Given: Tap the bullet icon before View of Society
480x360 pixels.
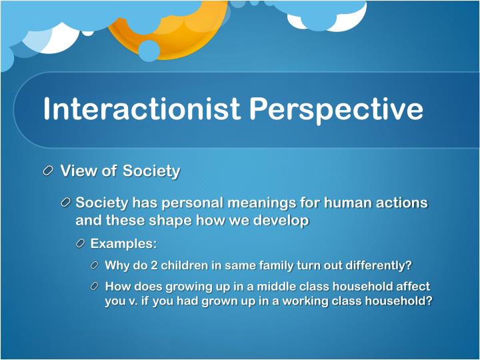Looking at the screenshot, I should pyautogui.click(x=49, y=171).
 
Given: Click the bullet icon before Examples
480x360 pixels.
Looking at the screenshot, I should pyautogui.click(x=80, y=243).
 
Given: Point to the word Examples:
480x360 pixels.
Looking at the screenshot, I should pyautogui.click(x=123, y=243).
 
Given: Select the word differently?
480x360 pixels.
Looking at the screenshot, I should pyautogui.click(x=374, y=265).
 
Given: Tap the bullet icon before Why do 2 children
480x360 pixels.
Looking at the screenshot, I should pyautogui.click(x=95, y=265).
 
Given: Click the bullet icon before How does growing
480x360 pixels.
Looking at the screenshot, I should pyautogui.click(x=95, y=287).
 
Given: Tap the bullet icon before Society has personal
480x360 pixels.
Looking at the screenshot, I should pyautogui.click(x=65, y=203).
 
